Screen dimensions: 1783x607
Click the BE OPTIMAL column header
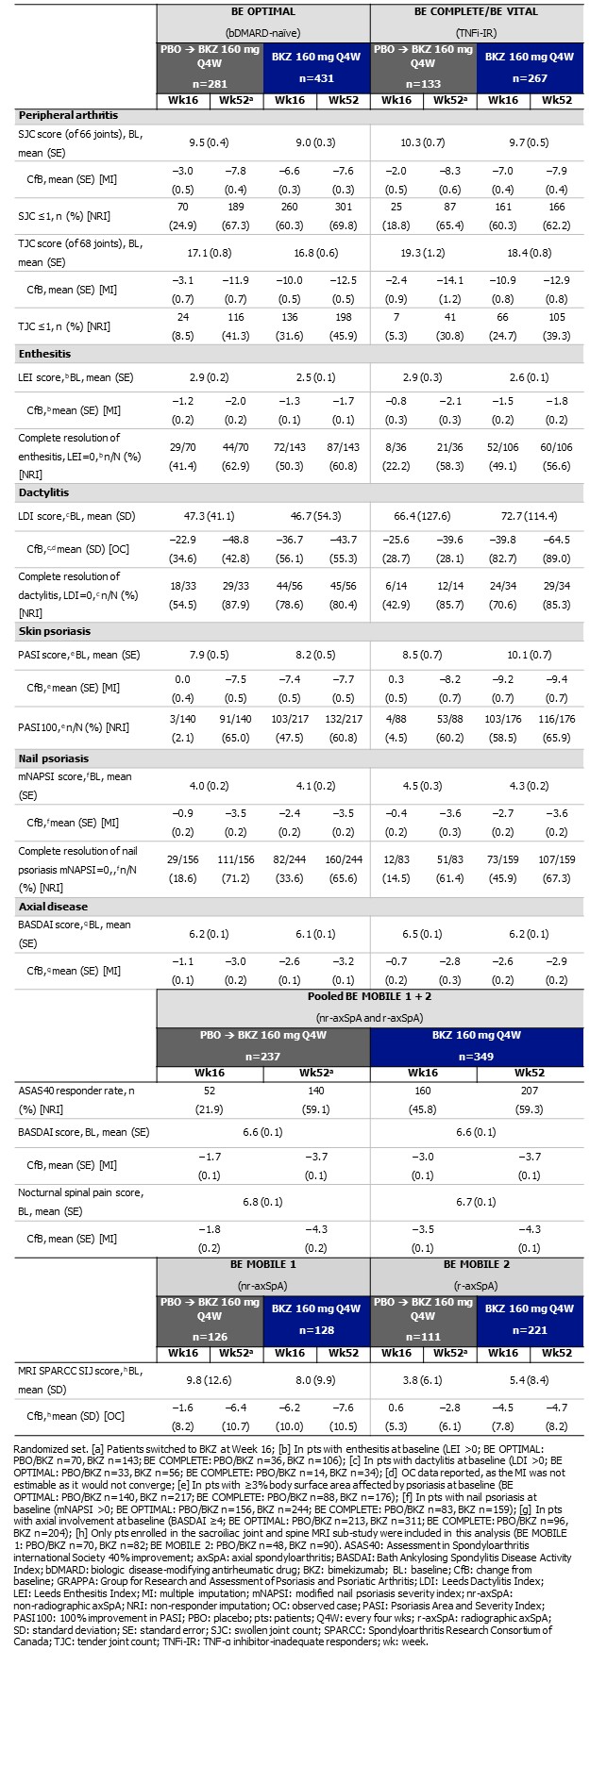[262, 11]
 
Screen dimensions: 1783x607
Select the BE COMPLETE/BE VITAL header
[476, 11]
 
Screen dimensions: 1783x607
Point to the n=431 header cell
[316, 78]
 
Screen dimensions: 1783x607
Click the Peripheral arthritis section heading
[65, 114]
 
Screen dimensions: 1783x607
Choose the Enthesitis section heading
[46, 354]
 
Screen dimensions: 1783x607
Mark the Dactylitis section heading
[43, 492]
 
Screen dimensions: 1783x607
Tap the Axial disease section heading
[53, 906]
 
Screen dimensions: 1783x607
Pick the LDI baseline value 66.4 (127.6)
[422, 517]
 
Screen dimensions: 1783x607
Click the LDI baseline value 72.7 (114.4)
[529, 517]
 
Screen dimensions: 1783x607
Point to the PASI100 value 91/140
[235, 720]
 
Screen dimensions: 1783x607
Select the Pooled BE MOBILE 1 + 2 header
[369, 995]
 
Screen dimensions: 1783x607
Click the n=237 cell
[263, 1057]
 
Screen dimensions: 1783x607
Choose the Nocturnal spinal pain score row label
[80, 1192]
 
